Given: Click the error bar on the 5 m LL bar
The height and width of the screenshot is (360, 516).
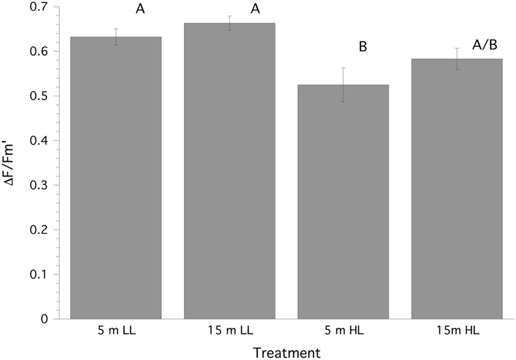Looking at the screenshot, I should (116, 37).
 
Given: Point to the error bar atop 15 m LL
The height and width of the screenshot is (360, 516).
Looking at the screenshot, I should (229, 23).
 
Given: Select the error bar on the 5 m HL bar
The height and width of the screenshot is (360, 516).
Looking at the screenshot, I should (343, 85).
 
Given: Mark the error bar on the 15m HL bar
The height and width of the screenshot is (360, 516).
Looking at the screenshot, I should (457, 59).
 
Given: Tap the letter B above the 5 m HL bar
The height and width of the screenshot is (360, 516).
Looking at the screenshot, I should (363, 47).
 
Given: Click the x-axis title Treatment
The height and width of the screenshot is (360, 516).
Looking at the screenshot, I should (286, 352).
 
